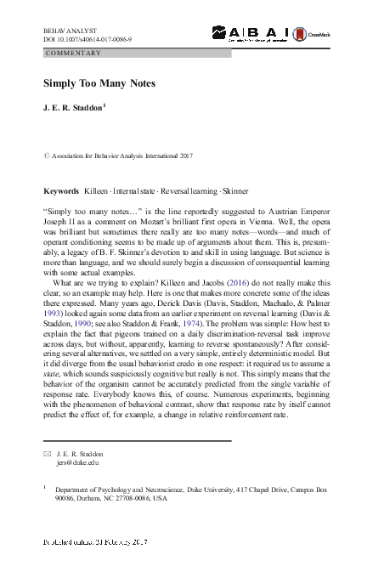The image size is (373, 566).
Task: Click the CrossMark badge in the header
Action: pos(308,33)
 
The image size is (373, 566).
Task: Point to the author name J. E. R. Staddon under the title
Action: pos(72,110)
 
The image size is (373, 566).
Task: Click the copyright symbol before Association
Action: pos(46,157)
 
